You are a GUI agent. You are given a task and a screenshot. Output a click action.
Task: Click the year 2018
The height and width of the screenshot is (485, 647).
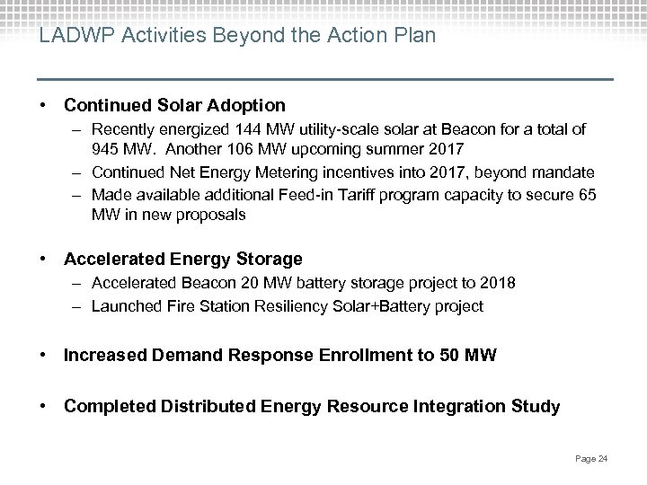click(x=499, y=285)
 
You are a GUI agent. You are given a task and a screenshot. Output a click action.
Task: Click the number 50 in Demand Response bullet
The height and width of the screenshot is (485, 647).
click(x=451, y=357)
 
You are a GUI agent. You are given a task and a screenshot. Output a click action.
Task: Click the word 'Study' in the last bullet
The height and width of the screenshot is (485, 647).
click(x=536, y=407)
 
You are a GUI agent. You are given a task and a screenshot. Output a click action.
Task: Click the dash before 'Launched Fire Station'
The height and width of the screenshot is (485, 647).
click(x=79, y=306)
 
